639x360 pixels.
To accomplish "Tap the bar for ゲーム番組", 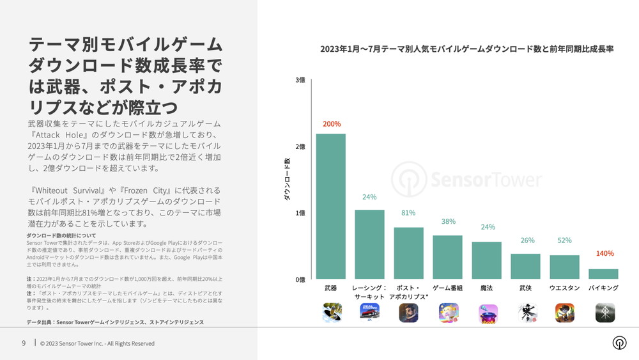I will pyautogui.click(x=447, y=256).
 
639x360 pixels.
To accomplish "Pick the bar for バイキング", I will pyautogui.click(x=603, y=273).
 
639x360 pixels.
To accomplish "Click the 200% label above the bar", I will pyautogui.click(x=332, y=124).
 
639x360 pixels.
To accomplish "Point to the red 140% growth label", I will pyautogui.click(x=604, y=254).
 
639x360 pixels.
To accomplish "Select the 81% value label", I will pyautogui.click(x=408, y=213).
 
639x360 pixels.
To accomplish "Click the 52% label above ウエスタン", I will pyautogui.click(x=564, y=240).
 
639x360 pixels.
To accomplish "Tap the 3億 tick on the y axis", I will pyautogui.click(x=300, y=80).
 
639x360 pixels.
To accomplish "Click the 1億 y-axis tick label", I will pyautogui.click(x=300, y=213).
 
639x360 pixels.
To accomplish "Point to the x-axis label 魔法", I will pyautogui.click(x=486, y=288).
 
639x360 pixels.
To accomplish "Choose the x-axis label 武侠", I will pyautogui.click(x=525, y=288).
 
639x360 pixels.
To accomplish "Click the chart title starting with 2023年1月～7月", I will pyautogui.click(x=466, y=49).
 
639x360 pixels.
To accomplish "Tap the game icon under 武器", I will pyautogui.click(x=332, y=312).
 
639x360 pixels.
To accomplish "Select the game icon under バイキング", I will pyautogui.click(x=604, y=312).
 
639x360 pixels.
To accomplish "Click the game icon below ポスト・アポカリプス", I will pyautogui.click(x=409, y=312).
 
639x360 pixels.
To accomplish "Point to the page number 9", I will pyautogui.click(x=24, y=343).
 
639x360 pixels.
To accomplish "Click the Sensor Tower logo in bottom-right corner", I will pyautogui.click(x=619, y=343).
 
